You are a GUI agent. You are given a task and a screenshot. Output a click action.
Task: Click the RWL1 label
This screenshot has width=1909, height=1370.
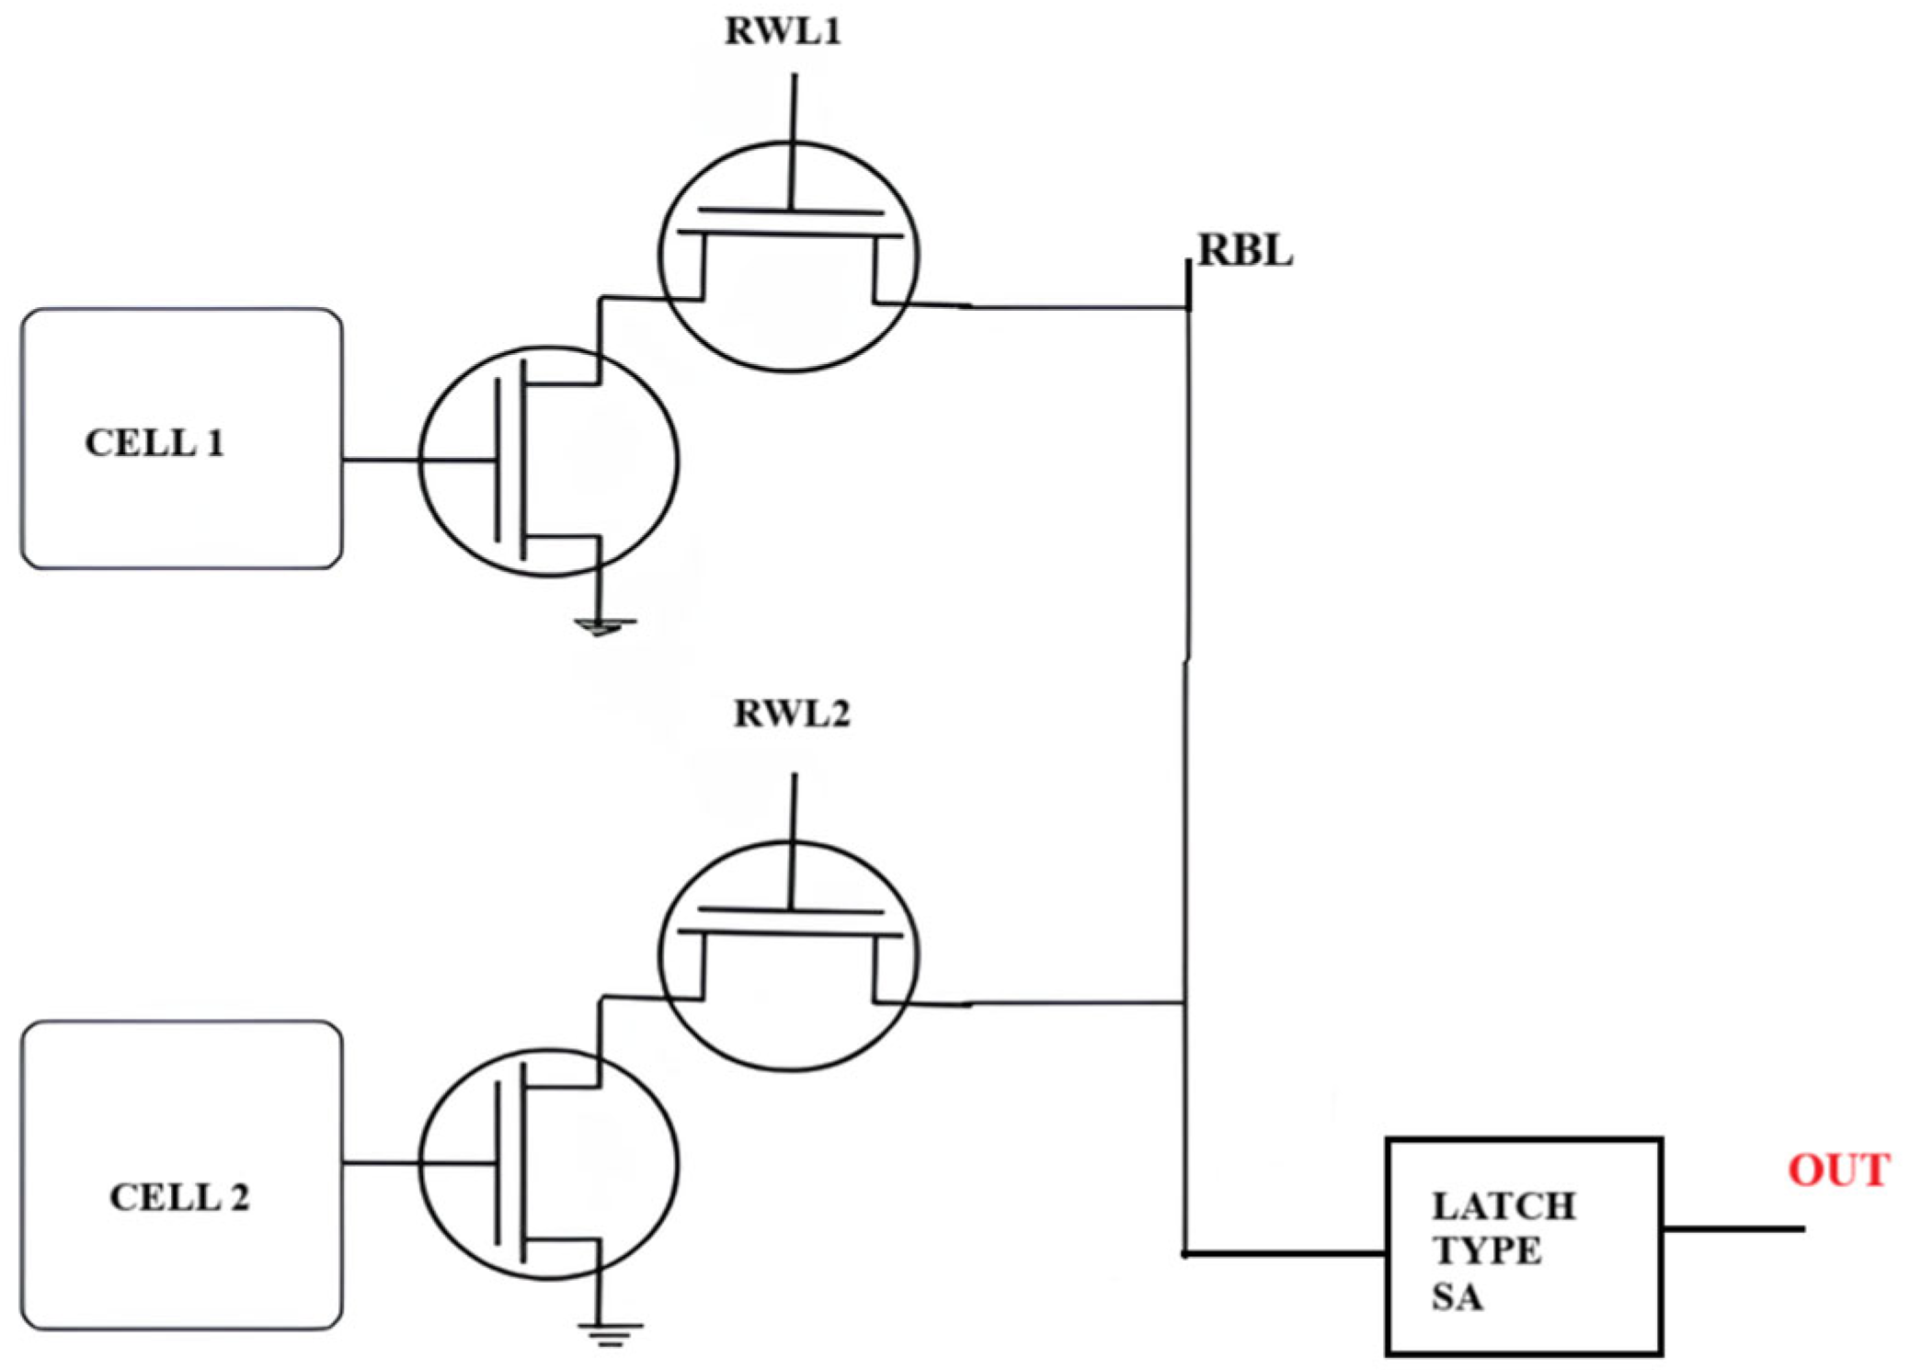[783, 32]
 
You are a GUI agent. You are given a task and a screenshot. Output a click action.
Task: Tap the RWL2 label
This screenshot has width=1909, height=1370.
[792, 714]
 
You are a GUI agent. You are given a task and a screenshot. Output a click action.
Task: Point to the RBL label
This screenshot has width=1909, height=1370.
[1245, 251]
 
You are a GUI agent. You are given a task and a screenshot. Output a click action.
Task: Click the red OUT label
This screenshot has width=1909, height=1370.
[1838, 1170]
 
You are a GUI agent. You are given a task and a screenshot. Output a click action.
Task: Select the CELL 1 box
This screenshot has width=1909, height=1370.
[181, 439]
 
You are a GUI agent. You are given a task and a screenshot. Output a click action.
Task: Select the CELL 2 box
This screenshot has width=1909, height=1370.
[181, 1174]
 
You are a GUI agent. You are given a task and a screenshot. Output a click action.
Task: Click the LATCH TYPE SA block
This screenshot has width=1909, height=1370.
[1524, 1246]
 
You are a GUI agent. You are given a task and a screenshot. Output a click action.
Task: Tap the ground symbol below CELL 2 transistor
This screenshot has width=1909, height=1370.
[610, 1332]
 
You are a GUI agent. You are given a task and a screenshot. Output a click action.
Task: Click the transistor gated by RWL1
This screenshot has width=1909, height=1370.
[788, 257]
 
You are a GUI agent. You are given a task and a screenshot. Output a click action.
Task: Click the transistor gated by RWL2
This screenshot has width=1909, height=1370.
[788, 956]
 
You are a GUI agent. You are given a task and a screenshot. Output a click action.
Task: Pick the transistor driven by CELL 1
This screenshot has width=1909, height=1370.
[549, 462]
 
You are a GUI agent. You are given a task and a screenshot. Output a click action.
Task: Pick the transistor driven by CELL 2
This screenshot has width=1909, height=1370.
[549, 1164]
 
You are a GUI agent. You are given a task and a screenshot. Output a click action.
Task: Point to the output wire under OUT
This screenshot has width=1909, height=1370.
[1733, 1228]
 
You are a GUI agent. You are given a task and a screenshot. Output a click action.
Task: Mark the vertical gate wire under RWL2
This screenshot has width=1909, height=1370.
[794, 809]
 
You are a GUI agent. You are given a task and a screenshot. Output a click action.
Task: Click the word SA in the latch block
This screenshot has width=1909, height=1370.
[1457, 1296]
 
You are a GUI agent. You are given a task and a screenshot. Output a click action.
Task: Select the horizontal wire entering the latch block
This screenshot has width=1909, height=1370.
[1287, 1253]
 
